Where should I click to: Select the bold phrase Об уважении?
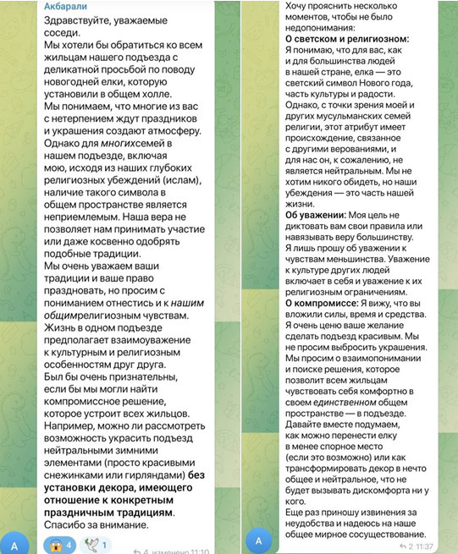pyautogui.click(x=315, y=215)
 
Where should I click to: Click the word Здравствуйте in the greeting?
pyautogui.click(x=82, y=22)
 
